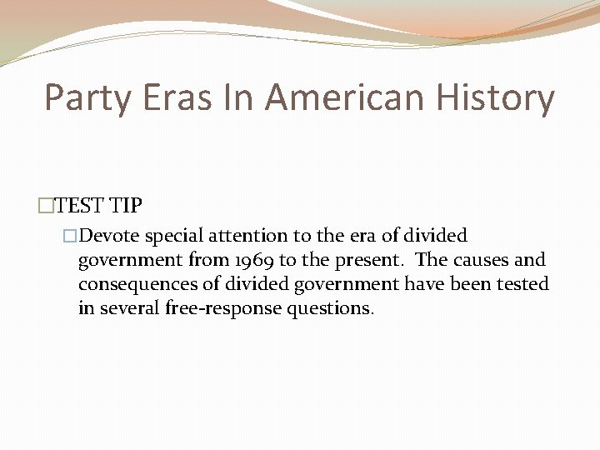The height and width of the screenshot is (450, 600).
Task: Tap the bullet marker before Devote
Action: [x=70, y=236]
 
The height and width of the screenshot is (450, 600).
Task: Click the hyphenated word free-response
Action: [x=219, y=309]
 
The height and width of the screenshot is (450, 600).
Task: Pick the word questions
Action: [x=330, y=309]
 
